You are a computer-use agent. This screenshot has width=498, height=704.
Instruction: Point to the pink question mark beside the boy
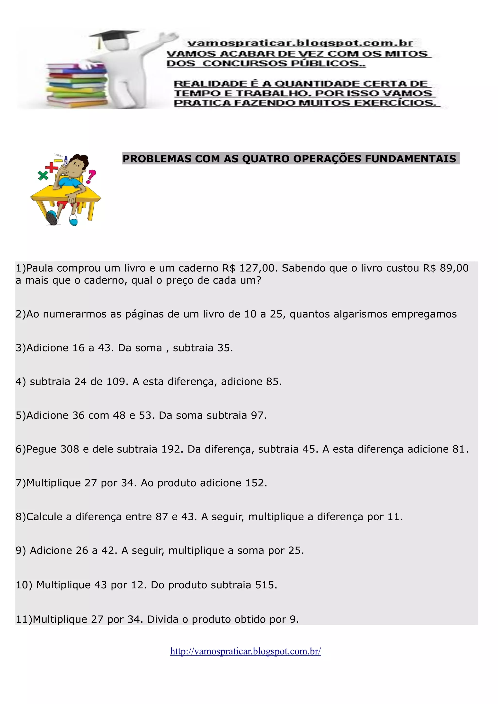click(x=91, y=177)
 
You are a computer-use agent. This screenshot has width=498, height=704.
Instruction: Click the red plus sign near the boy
click(x=52, y=167)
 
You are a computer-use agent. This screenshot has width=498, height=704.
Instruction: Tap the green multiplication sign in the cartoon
click(x=43, y=176)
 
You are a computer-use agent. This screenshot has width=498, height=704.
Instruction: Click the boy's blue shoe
click(x=53, y=218)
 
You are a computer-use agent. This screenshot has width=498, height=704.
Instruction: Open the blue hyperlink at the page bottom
click(x=245, y=651)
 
